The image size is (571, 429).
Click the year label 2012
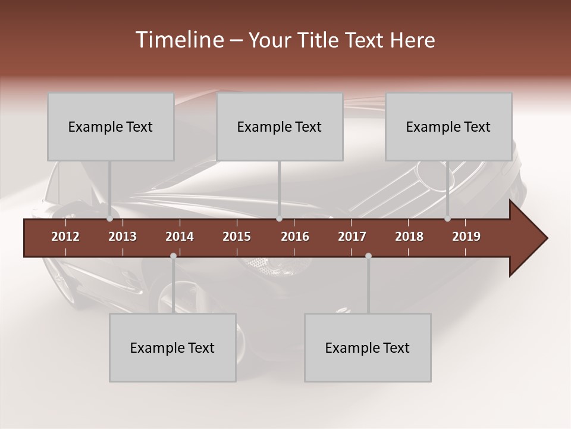tap(65, 237)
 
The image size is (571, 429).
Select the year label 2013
tap(123, 237)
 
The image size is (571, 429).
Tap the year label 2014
tap(180, 237)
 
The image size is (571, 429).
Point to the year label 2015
tap(237, 237)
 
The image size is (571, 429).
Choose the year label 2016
tap(295, 237)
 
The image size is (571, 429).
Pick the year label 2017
tap(352, 237)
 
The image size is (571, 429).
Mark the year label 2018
tap(409, 237)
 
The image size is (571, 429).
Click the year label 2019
tap(466, 237)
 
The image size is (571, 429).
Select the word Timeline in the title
tap(179, 40)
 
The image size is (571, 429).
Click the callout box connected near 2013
tap(111, 126)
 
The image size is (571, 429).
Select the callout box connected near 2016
tap(280, 126)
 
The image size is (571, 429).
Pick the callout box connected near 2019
tap(448, 126)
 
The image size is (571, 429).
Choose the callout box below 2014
tap(172, 347)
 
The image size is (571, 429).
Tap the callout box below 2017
tap(368, 347)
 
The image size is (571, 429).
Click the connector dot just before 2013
tap(110, 219)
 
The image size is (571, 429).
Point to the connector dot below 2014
tap(173, 256)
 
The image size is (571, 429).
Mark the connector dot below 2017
tap(368, 256)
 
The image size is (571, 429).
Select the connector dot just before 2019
tap(448, 219)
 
